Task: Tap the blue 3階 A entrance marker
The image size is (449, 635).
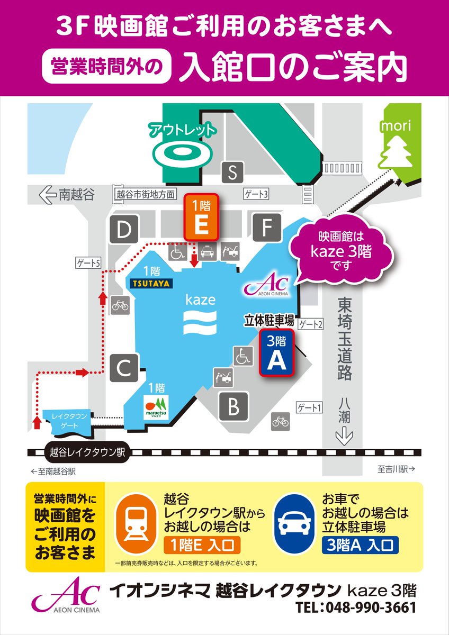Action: [x=276, y=353]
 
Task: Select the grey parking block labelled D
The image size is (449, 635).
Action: [x=124, y=230]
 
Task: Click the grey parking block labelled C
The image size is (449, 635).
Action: [x=124, y=368]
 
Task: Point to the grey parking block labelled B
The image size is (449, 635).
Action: [x=234, y=407]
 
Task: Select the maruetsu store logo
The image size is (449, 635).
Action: [x=156, y=407]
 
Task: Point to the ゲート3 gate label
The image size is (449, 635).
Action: [x=256, y=194]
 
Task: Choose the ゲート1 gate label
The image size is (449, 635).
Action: [x=310, y=407]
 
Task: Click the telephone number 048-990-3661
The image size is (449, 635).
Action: [x=356, y=607]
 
